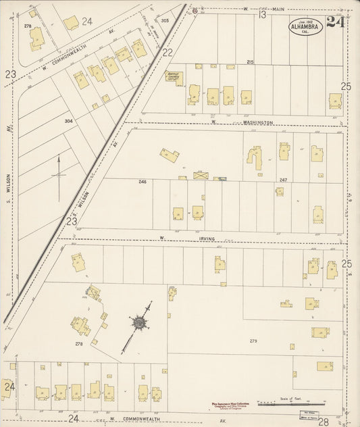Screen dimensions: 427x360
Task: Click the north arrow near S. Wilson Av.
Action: (59, 177)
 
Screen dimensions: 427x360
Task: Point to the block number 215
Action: (250, 62)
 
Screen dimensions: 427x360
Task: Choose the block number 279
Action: (254, 341)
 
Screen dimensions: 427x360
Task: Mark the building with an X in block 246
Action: (201, 175)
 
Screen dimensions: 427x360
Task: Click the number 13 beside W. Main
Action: (261, 14)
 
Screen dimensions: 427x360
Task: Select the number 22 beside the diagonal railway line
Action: (168, 52)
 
